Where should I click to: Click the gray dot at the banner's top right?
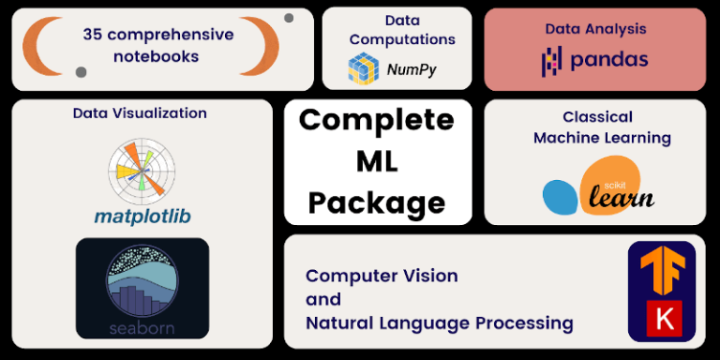tap(289, 18)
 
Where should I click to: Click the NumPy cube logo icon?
tap(363, 68)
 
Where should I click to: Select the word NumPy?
tap(412, 68)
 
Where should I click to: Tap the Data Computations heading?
tap(401, 30)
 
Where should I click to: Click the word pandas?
tap(608, 61)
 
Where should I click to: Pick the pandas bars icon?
tap(552, 62)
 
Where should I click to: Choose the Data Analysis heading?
tap(595, 29)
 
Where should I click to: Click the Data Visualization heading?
tap(140, 113)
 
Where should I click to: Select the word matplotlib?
tap(142, 217)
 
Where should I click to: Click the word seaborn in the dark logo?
tap(142, 328)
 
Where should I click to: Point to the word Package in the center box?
tap(377, 202)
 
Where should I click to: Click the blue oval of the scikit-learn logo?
tap(561, 195)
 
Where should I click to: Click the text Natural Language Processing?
tap(439, 323)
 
